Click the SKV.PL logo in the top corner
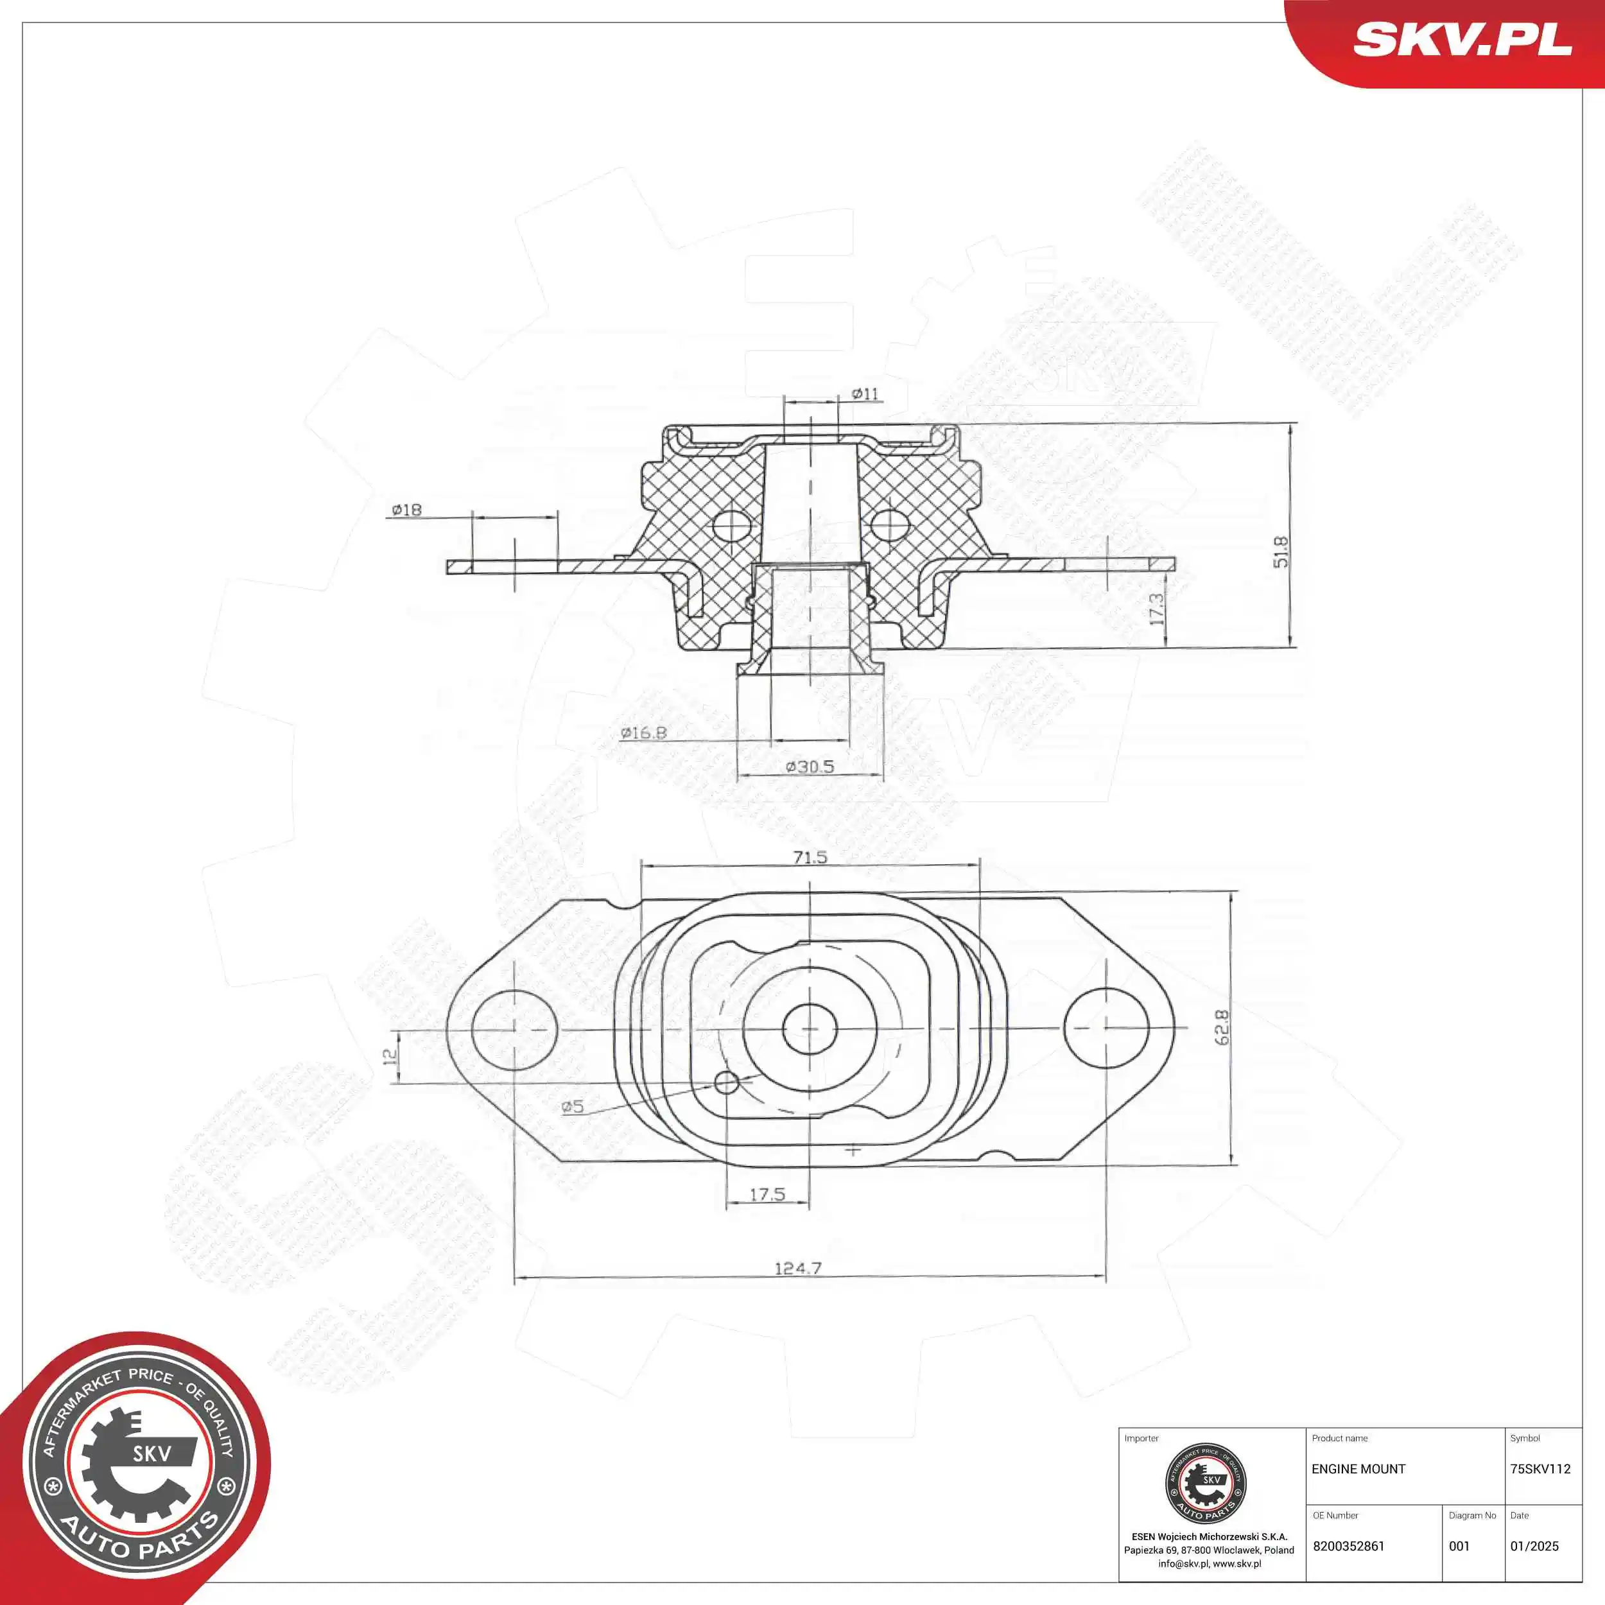click(1462, 39)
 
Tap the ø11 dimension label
click(865, 394)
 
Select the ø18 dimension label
click(407, 509)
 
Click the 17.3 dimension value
click(1156, 609)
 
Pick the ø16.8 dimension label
click(644, 733)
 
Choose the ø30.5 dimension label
click(810, 766)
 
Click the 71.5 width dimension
click(810, 856)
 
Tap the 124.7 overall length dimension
click(797, 1268)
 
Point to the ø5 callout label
click(573, 1107)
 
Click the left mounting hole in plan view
click(514, 1029)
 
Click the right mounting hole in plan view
click(1106, 1028)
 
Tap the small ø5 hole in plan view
click(726, 1082)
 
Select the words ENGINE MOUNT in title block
click(1358, 1469)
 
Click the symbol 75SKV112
click(1540, 1469)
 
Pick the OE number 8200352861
click(1348, 1546)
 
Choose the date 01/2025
click(1534, 1546)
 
